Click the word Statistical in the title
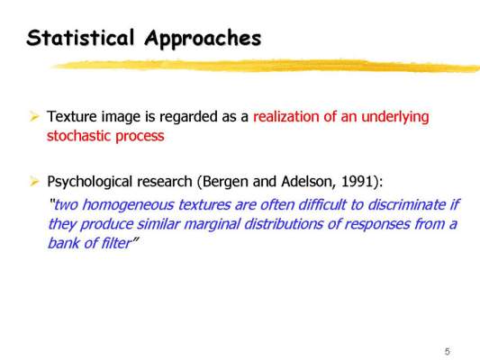tap(80, 38)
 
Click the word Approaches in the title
tap(203, 40)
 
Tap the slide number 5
tap(448, 351)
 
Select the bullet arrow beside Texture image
tap(34, 116)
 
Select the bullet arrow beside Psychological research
tap(34, 182)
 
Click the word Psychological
tap(90, 183)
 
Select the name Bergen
tap(225, 183)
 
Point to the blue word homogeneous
tap(128, 205)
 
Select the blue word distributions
tap(284, 224)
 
